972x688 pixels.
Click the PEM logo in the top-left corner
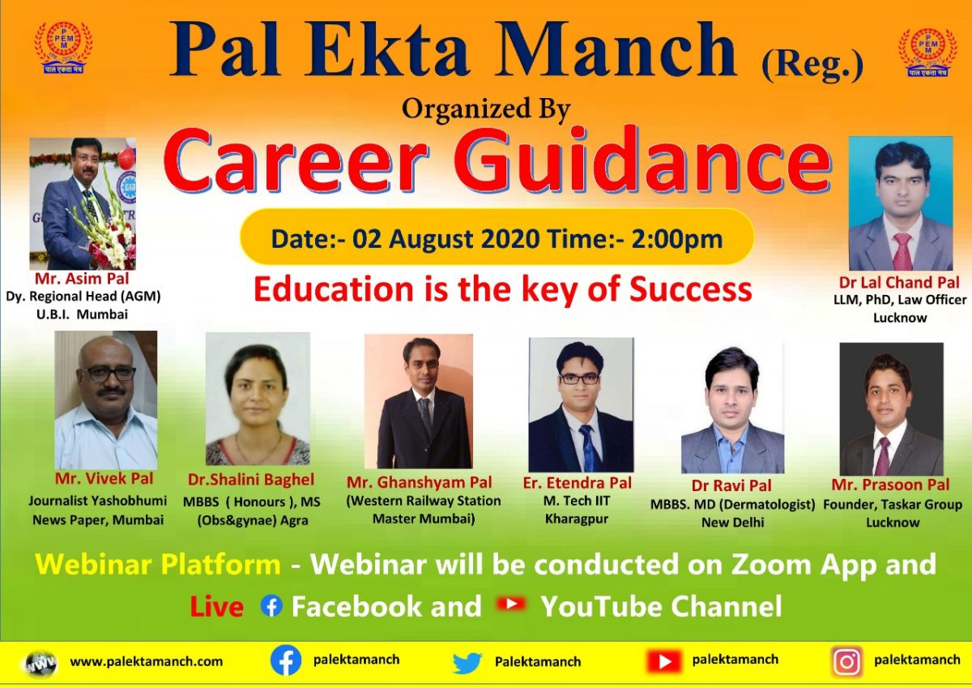[x=63, y=47]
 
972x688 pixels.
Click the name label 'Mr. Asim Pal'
[x=82, y=278]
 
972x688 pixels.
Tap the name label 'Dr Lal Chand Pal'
[x=899, y=282]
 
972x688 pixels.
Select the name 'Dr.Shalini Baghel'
[x=251, y=479]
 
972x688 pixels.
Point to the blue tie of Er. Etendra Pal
[x=586, y=447]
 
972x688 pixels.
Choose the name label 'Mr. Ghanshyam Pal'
[x=420, y=482]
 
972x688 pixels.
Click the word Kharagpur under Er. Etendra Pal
[x=577, y=519]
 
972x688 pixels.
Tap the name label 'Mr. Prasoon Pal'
[x=890, y=485]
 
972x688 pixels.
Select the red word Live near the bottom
[x=216, y=606]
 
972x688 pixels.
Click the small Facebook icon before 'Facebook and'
[x=271, y=605]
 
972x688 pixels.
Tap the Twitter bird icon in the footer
[x=467, y=662]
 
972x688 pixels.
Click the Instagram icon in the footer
[x=846, y=662]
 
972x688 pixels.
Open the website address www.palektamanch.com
[x=147, y=661]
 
